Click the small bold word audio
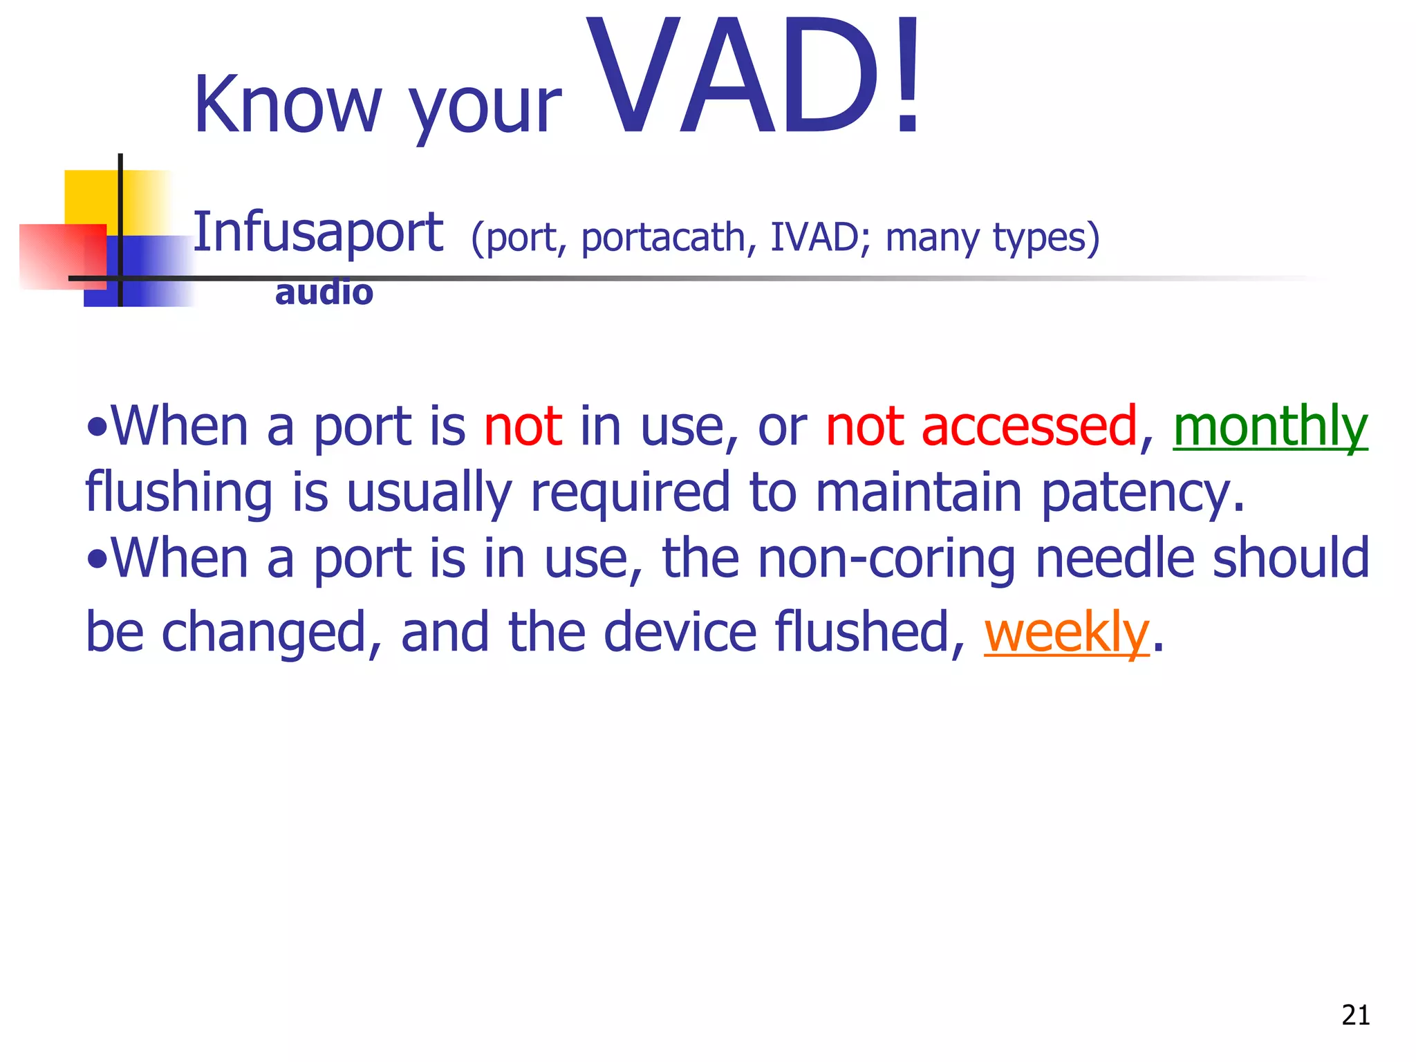[x=324, y=292]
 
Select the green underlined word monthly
[x=1270, y=427]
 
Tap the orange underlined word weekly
[x=1066, y=632]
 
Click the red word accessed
[x=1029, y=427]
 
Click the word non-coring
[x=886, y=559]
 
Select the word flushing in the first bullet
[x=179, y=493]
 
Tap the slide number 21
[x=1355, y=1015]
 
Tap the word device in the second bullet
[x=680, y=632]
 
